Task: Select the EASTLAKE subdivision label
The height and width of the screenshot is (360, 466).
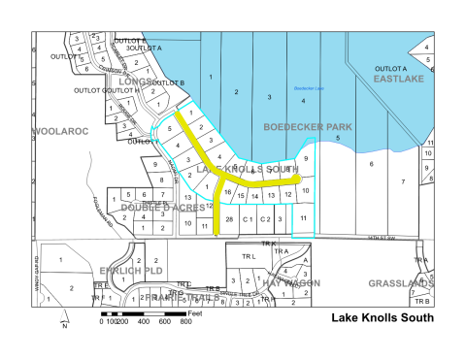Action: pyautogui.click(x=399, y=79)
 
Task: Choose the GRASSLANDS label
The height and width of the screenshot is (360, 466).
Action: pyautogui.click(x=399, y=283)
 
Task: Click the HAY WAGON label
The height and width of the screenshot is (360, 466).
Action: pyautogui.click(x=289, y=283)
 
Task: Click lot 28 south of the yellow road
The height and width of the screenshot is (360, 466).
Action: pyautogui.click(x=229, y=220)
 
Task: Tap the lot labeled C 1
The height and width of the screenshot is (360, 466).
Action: pyautogui.click(x=248, y=220)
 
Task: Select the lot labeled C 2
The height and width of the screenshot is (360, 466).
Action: pyautogui.click(x=266, y=220)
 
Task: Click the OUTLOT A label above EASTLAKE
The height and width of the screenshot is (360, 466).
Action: pyautogui.click(x=392, y=68)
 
